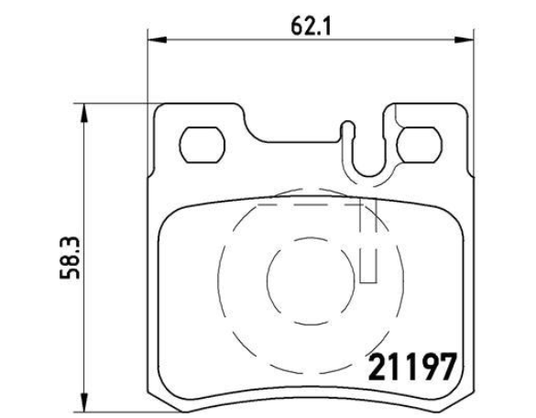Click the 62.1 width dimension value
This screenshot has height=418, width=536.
coord(311,26)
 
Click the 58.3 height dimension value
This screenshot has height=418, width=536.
coord(70,258)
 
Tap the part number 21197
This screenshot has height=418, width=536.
coord(412,367)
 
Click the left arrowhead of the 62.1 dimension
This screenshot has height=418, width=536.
coord(158,39)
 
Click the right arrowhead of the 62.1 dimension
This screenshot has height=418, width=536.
coord(464,39)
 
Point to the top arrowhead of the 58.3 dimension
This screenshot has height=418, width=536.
coord(83,113)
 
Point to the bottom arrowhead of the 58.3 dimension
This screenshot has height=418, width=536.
coord(83,403)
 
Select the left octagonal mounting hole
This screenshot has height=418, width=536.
coord(202,145)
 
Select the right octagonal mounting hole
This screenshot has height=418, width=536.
coord(419,145)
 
